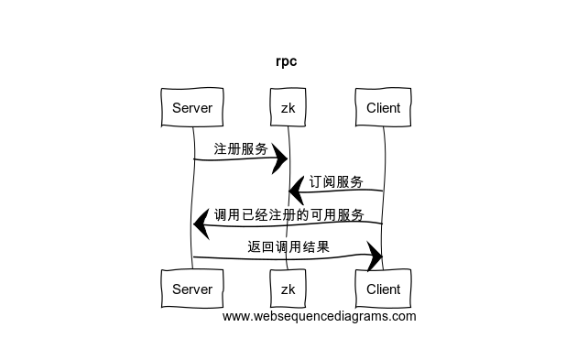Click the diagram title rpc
coord(287,61)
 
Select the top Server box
coord(192,107)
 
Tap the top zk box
coord(288,107)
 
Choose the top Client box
coord(383,107)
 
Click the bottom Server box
coord(192,289)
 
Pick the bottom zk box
coord(288,289)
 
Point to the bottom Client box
coord(383,289)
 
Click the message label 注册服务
coord(241,149)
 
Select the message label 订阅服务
coord(336,182)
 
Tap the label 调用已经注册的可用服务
coord(289,214)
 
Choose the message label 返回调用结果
coord(288,246)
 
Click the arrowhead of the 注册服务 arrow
coord(280,159)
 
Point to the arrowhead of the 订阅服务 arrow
coord(296,191)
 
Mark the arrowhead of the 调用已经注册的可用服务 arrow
coord(201,224)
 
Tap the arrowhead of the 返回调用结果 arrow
coord(375,256)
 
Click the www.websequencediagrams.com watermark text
coord(319,317)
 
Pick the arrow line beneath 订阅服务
coord(336,190)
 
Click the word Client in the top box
coord(383,108)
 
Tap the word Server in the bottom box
coord(192,289)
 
